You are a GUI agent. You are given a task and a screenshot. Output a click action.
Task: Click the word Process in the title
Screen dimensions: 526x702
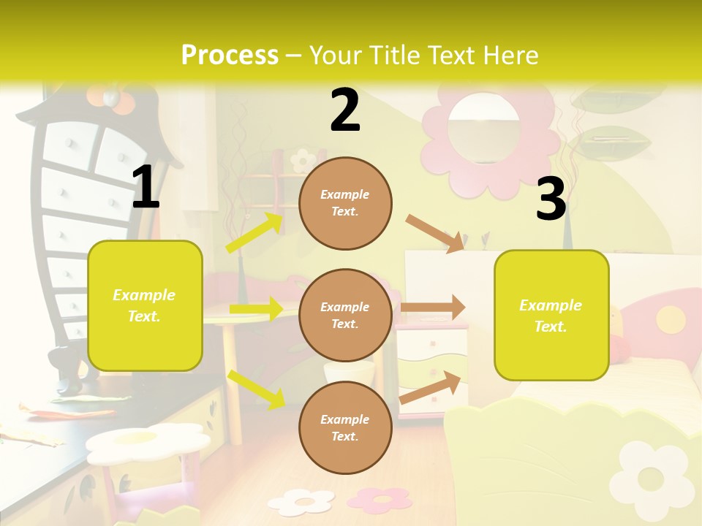[230, 55]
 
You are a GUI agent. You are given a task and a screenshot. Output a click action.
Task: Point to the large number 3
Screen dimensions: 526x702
[551, 199]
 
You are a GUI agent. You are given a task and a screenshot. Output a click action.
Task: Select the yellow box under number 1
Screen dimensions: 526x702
[145, 305]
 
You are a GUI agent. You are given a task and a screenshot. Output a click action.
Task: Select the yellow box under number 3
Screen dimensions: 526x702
[551, 315]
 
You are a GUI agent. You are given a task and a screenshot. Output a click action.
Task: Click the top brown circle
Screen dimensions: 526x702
[345, 202]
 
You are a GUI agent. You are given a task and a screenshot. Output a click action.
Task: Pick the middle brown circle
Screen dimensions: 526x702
[345, 315]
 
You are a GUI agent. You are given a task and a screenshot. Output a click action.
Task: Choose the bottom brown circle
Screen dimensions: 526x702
[345, 427]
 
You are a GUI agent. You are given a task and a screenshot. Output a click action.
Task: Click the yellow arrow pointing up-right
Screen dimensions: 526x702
[255, 232]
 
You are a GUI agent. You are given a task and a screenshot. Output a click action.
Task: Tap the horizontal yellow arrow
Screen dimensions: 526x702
[256, 309]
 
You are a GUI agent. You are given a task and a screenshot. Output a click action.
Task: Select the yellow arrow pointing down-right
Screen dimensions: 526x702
[256, 389]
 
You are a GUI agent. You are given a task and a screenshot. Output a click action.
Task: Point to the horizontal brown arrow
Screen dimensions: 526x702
[433, 308]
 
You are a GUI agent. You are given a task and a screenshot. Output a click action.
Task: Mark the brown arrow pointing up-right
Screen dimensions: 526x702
[431, 387]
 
